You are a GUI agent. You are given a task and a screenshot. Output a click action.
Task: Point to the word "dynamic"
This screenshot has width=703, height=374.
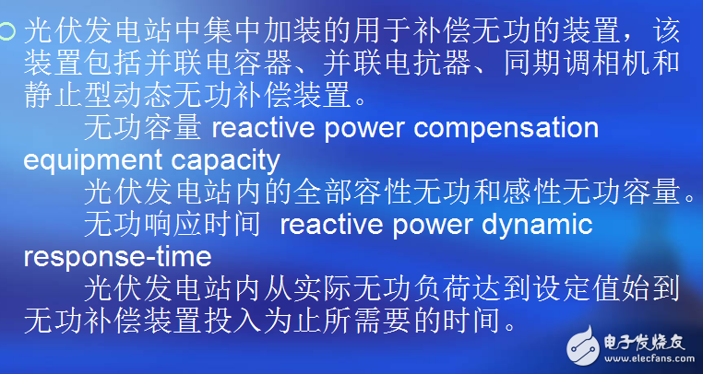pyautogui.click(x=540, y=224)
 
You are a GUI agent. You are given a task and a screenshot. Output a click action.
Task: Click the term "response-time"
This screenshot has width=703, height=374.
pyautogui.click(x=117, y=255)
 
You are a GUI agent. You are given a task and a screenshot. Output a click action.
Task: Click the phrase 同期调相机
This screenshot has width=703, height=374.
pyautogui.click(x=599, y=64)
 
